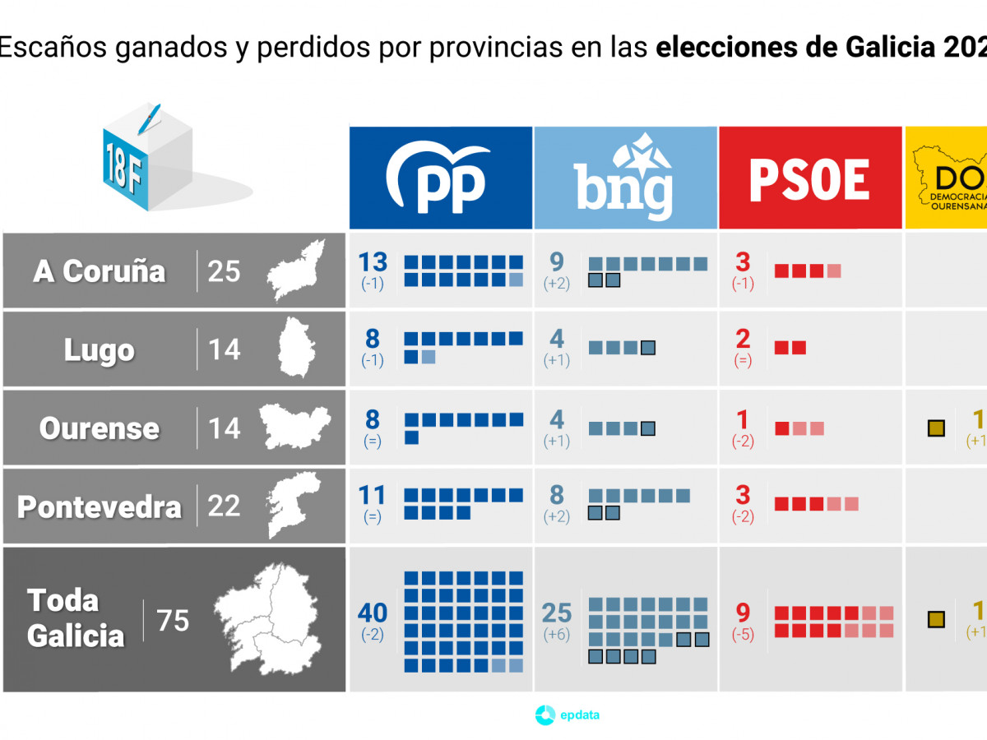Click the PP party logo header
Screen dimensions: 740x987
coord(440,178)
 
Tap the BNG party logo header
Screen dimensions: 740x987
coord(625,178)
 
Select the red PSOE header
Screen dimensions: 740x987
coord(810,178)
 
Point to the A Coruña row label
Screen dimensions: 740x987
coord(100,271)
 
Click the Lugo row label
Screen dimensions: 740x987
coord(100,350)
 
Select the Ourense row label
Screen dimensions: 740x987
coord(100,428)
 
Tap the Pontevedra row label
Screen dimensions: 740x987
coord(100,506)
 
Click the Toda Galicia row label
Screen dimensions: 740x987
coord(76,618)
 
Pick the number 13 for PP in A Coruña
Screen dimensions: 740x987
coord(373,262)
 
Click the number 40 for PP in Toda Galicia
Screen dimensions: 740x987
coord(373,613)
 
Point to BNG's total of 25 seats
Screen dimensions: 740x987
coord(557,613)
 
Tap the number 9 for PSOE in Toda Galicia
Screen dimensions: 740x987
coord(743,613)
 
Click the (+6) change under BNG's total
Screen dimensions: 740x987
coord(557,635)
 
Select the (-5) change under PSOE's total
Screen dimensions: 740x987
coord(743,635)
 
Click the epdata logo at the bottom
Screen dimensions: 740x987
coord(568,715)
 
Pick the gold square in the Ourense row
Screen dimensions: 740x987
coord(935,428)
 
